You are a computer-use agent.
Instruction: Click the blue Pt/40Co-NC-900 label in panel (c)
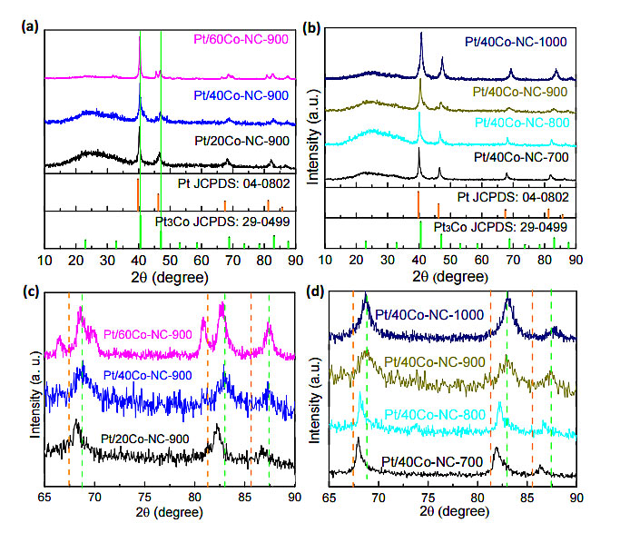point(146,375)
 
